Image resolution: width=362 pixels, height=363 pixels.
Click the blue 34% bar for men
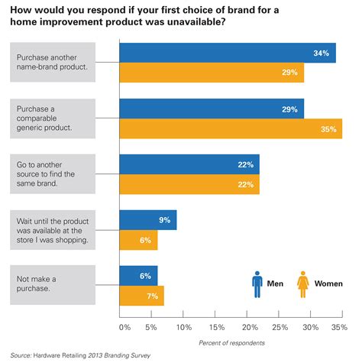228,53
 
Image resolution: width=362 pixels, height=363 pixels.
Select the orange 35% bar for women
231,128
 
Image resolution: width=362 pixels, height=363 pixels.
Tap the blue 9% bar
148,220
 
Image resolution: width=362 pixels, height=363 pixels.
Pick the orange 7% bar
141,295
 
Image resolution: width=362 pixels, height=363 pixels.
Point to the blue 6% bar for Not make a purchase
138,275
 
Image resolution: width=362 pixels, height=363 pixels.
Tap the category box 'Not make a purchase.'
52,285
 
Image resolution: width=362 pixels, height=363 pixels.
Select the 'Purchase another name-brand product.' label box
52,63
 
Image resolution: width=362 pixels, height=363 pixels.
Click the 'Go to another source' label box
52,174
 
